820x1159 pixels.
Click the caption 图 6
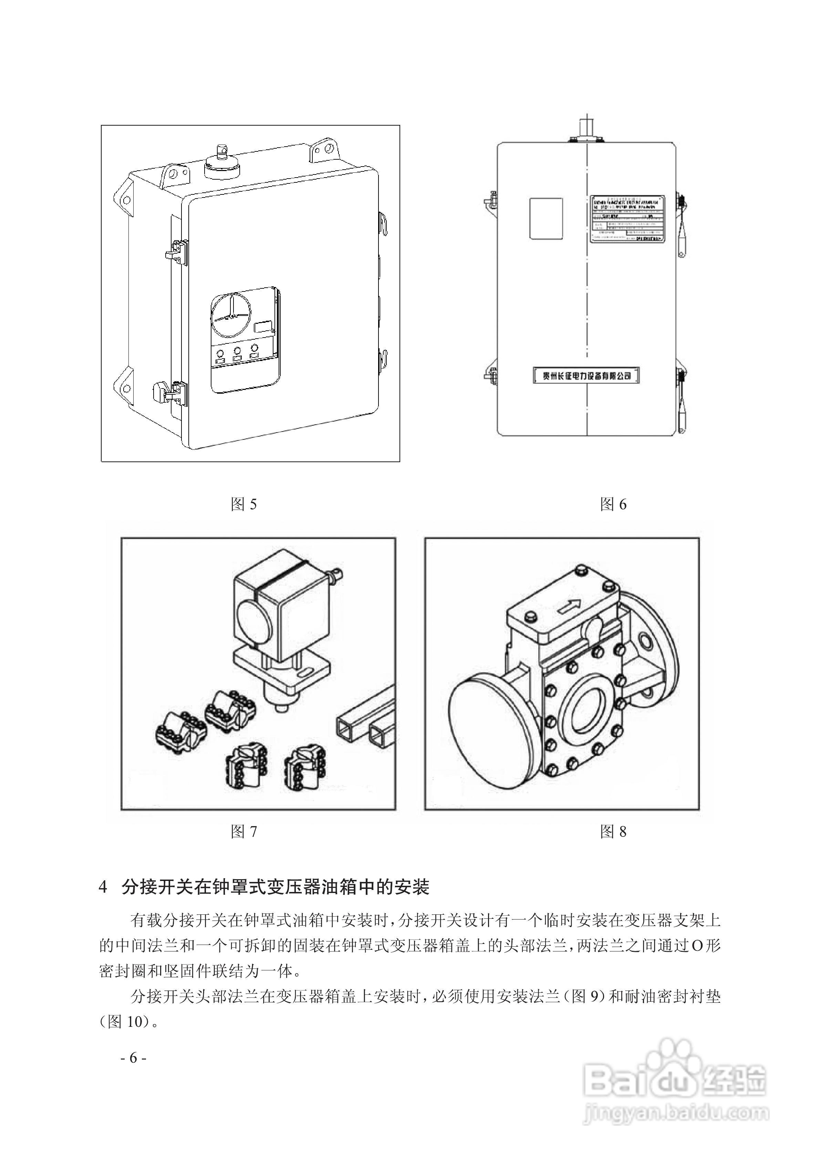613,504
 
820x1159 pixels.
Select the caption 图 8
613,831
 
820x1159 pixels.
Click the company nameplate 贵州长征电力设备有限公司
586,375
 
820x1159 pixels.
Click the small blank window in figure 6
546,218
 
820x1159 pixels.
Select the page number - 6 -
133,1057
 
